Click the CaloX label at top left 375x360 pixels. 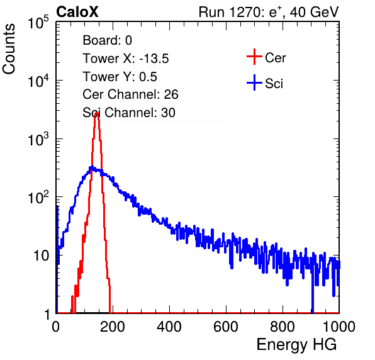click(x=77, y=12)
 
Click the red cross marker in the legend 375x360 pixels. click(x=254, y=57)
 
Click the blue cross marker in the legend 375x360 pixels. click(x=254, y=82)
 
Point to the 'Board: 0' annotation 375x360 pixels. click(x=107, y=40)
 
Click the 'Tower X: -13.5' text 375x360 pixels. click(x=126, y=59)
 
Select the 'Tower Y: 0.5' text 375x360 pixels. click(x=120, y=77)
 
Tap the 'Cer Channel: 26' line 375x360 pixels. click(x=130, y=94)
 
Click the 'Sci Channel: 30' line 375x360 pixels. click(x=129, y=113)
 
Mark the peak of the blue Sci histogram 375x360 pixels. click(x=91, y=167)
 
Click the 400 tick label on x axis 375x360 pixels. click(x=169, y=327)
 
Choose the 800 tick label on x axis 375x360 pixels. click(x=283, y=327)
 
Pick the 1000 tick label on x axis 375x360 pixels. click(x=339, y=327)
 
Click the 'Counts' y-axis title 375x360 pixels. click(x=9, y=49)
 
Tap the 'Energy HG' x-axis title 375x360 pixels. click(x=296, y=344)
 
